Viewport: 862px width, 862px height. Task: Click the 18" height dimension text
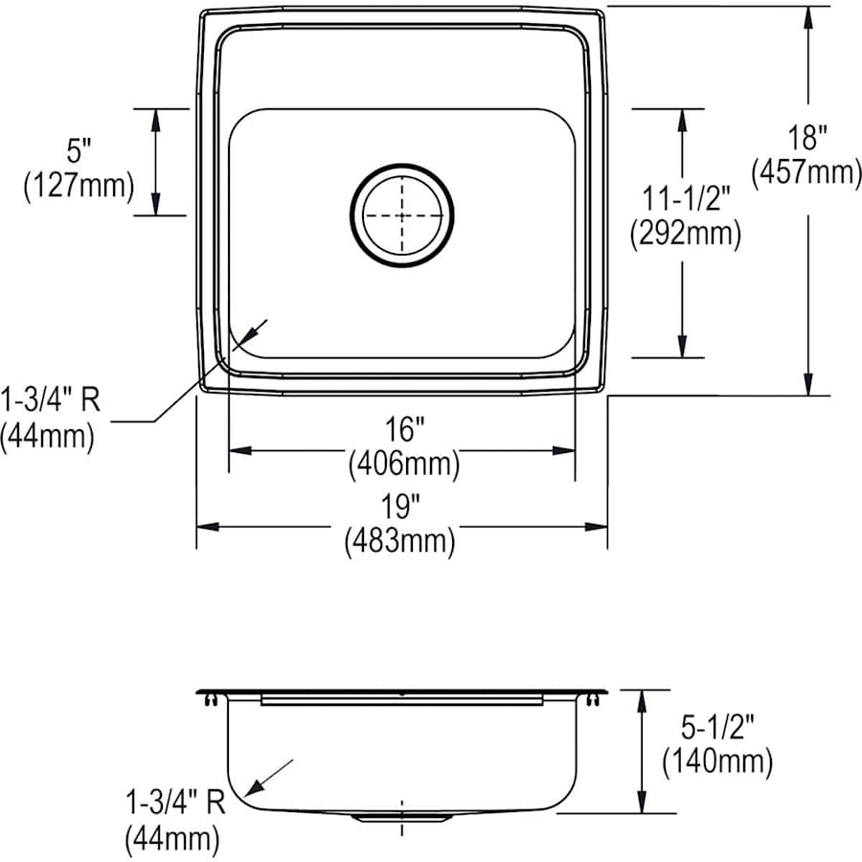pyautogui.click(x=808, y=138)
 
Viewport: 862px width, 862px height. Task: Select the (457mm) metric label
pyautogui.click(x=808, y=172)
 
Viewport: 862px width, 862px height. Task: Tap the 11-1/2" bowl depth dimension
pyautogui.click(x=681, y=198)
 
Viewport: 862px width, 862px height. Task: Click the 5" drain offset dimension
pyautogui.click(x=79, y=150)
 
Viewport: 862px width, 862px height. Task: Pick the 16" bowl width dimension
pyautogui.click(x=402, y=432)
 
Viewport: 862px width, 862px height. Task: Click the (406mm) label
pyautogui.click(x=402, y=465)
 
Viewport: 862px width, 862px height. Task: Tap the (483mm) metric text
pyautogui.click(x=399, y=542)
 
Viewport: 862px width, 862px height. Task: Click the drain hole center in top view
pyautogui.click(x=402, y=215)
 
